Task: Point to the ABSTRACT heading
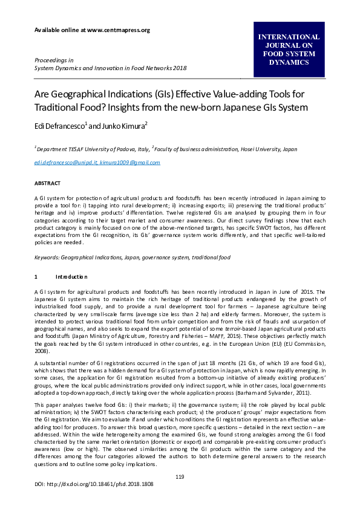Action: coord(47,182)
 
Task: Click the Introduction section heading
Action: coord(72,276)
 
